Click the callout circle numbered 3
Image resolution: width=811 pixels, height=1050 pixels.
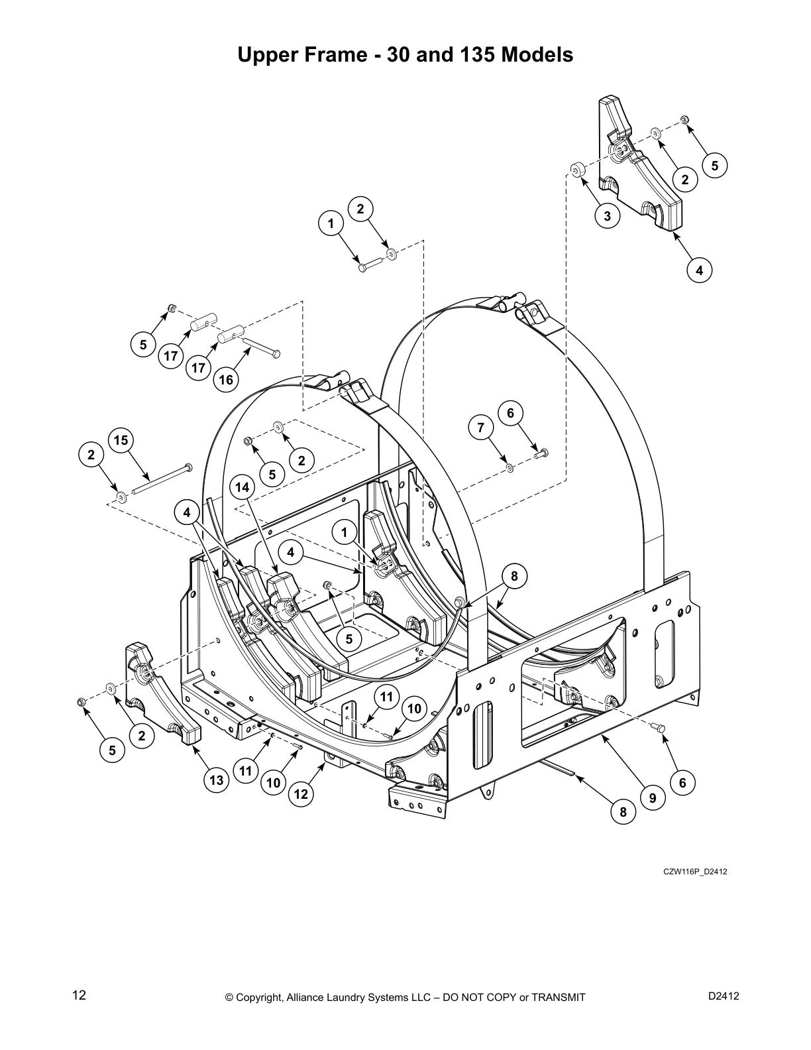pos(607,215)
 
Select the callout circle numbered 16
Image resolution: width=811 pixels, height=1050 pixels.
pos(226,379)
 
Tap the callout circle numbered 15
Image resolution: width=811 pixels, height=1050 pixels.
pos(121,441)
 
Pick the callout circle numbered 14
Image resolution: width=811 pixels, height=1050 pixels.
pos(243,488)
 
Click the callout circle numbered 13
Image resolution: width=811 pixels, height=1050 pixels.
pos(217,780)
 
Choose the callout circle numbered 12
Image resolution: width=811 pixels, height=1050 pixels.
pos(301,794)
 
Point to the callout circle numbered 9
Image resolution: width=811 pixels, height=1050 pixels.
pos(652,799)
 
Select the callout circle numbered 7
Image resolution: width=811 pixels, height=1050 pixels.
pos(481,428)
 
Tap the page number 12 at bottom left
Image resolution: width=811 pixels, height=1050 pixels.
pos(79,995)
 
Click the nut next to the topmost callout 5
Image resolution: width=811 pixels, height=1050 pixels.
pos(684,119)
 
